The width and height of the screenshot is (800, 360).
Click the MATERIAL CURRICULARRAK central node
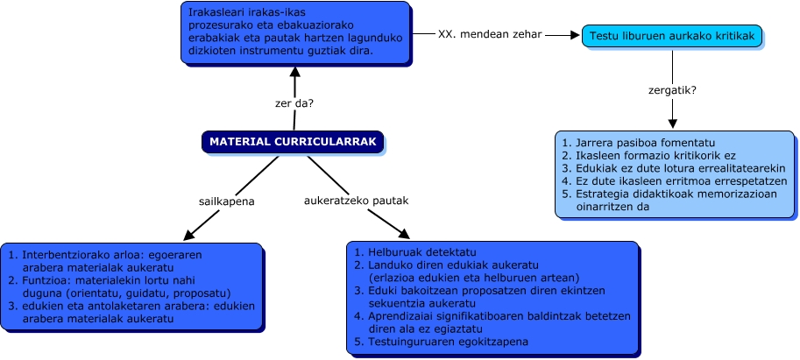[293, 141]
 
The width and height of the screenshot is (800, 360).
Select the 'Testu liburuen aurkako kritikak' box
[672, 35]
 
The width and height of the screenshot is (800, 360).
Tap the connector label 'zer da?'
[294, 103]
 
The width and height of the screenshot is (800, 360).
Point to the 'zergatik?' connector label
[672, 89]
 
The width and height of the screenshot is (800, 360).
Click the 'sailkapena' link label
[226, 200]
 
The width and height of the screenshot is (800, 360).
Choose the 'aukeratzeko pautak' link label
[356, 200]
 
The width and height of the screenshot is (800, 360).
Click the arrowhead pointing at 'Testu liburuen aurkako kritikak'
[575, 35]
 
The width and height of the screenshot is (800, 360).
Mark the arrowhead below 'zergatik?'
[672, 125]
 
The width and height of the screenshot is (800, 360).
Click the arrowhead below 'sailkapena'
[187, 235]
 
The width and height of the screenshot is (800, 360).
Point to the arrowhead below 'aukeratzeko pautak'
[404, 234]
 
